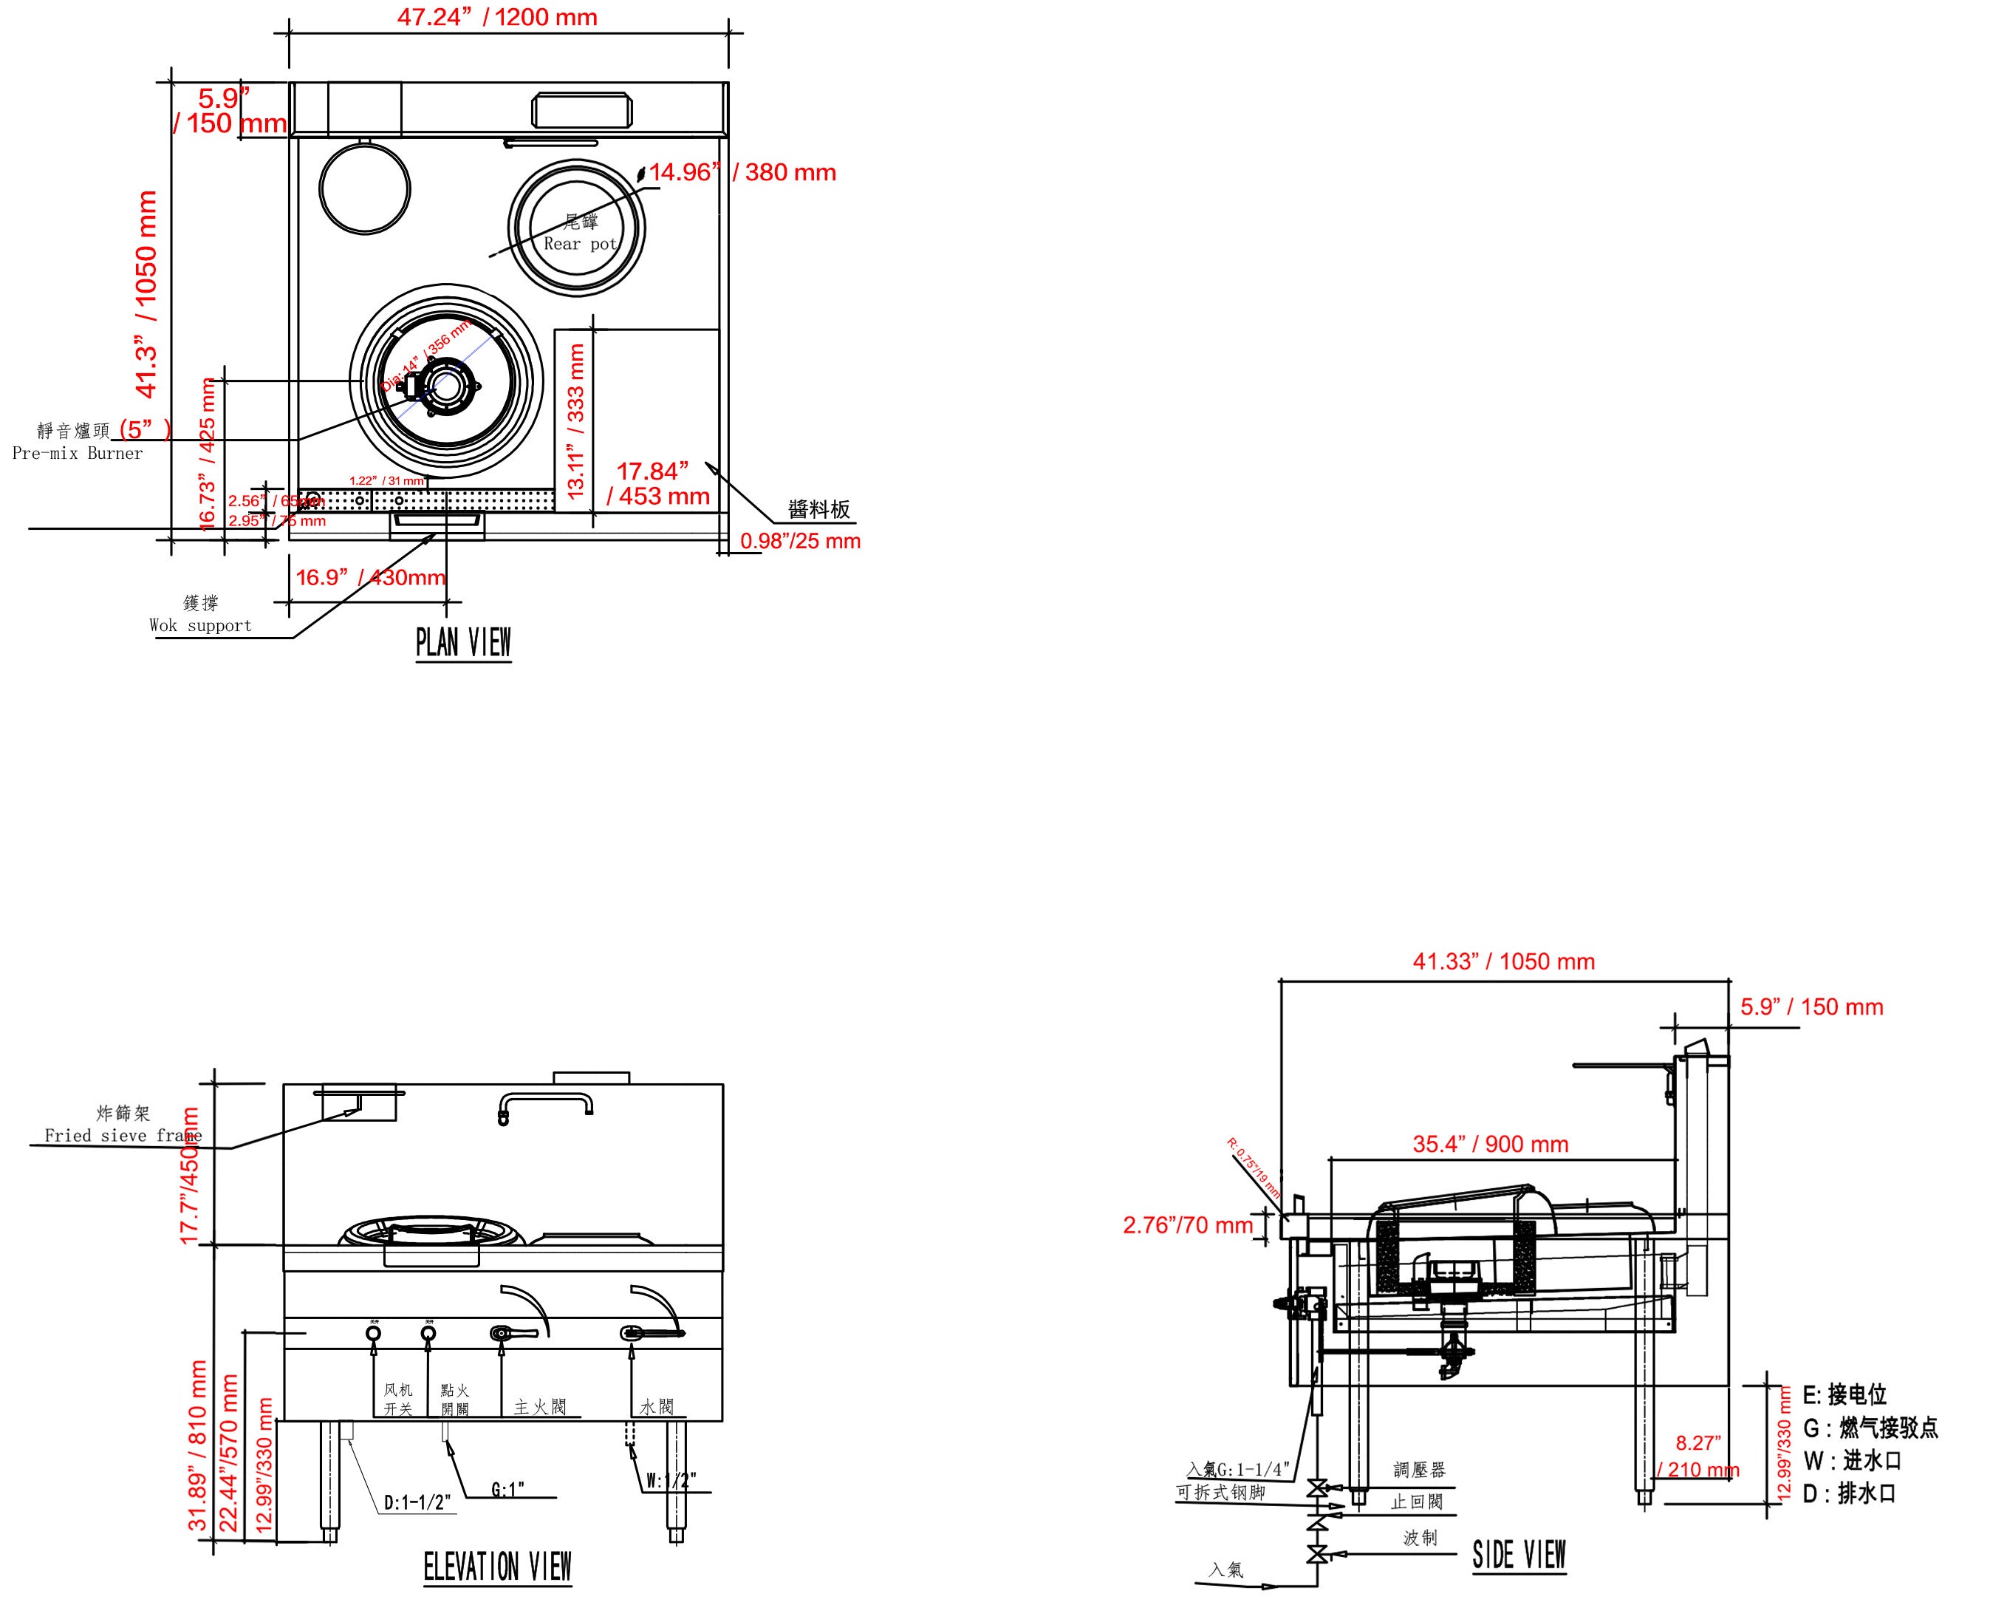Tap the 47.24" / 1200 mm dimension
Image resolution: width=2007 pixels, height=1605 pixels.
[x=497, y=18]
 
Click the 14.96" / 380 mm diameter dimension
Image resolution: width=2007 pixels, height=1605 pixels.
[x=742, y=172]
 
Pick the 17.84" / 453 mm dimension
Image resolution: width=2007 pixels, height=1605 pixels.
[x=657, y=483]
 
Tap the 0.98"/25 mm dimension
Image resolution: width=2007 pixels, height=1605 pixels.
[x=800, y=541]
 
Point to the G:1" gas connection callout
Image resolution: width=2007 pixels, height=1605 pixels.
[x=508, y=1490]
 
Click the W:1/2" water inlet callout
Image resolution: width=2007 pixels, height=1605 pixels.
[x=671, y=1480]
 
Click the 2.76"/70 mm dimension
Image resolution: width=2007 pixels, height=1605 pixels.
[x=1187, y=1225]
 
